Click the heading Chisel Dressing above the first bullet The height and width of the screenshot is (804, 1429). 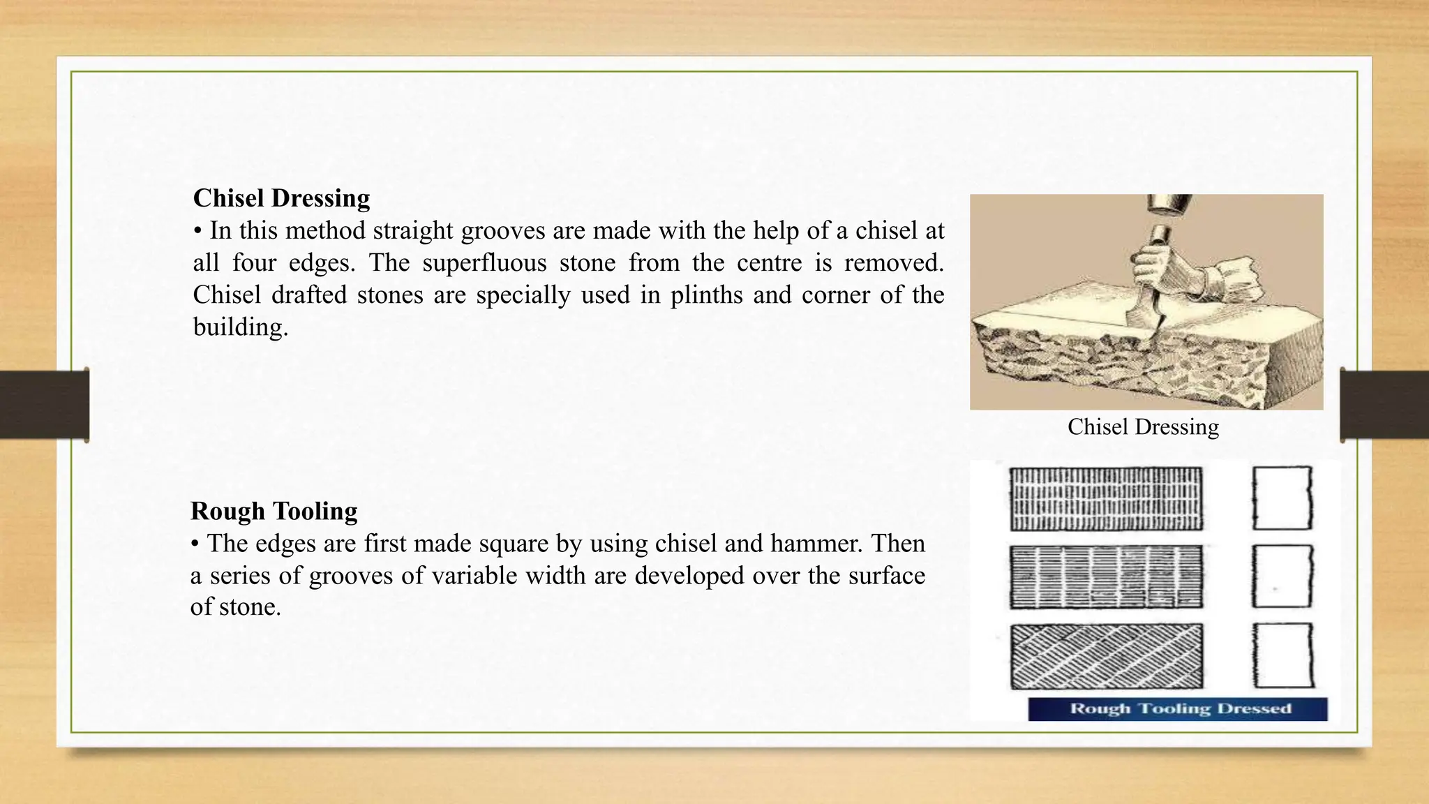(281, 198)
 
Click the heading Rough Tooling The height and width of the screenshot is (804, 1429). (274, 511)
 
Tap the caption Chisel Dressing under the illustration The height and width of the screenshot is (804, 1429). (1143, 426)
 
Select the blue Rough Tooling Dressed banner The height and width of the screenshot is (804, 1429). (1178, 709)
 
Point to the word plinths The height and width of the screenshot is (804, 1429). (706, 295)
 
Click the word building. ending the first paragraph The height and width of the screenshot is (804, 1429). (240, 327)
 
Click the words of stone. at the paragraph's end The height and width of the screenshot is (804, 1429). (235, 607)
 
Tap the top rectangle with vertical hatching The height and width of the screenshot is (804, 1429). (1106, 499)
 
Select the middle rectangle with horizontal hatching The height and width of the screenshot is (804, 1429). (1106, 577)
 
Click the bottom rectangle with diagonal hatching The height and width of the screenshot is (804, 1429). (1106, 656)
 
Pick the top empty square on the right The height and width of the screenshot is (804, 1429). (1282, 498)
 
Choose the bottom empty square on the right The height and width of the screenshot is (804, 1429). (1282, 656)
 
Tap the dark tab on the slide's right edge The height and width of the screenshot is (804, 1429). (1384, 405)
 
